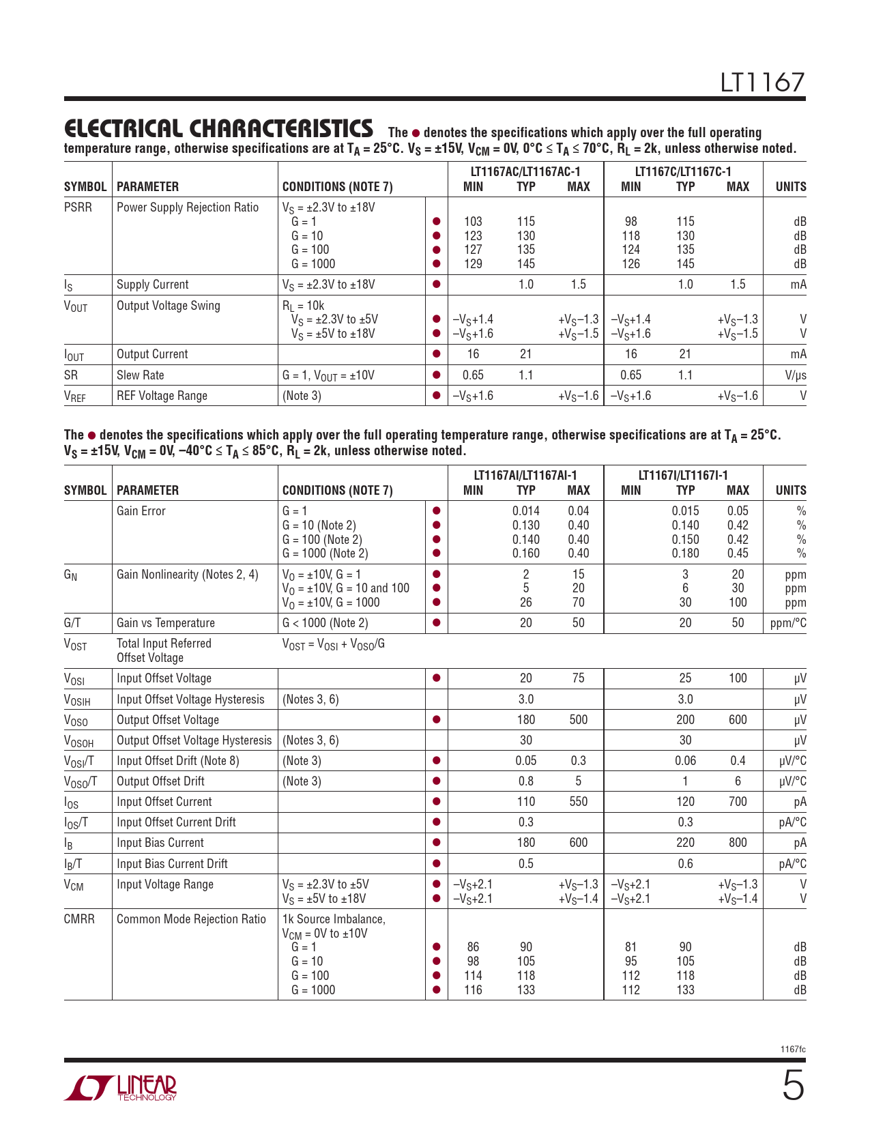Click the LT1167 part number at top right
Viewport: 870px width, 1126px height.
point(763,83)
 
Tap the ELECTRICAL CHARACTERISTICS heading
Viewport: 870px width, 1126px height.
point(218,128)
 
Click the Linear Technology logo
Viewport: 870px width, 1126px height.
point(121,1088)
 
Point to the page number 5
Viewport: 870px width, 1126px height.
point(793,1086)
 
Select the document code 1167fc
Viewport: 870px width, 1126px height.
point(793,1049)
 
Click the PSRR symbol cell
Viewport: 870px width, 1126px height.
point(78,207)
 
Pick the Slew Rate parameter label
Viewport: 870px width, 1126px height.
point(140,375)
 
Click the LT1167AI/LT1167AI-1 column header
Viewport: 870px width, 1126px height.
point(525,476)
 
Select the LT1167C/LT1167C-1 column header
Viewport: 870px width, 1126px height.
point(683,172)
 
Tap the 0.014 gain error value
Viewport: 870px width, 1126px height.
point(525,511)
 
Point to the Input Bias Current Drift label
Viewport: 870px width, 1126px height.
point(172,864)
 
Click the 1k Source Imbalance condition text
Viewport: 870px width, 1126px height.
point(334,919)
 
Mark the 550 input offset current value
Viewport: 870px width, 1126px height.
point(578,802)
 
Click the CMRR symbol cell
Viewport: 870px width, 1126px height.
point(79,919)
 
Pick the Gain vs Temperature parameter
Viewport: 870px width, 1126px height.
point(166,623)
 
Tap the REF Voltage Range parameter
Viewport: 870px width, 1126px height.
point(162,396)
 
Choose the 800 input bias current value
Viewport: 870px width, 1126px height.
point(738,843)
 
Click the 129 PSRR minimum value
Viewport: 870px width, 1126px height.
point(473,264)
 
